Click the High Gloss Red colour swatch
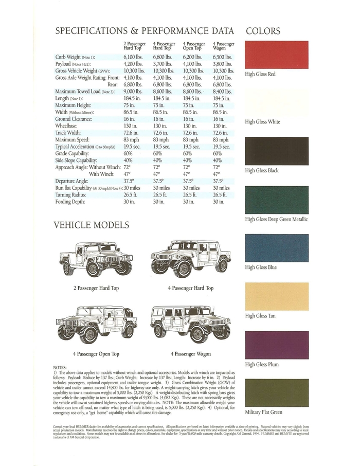click(x=277, y=55)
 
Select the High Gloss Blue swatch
click(x=277, y=248)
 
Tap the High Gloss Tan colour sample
click(x=277, y=296)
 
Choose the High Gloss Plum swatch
click(x=277, y=345)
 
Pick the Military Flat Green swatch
click(x=277, y=393)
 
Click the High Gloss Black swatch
click(x=277, y=151)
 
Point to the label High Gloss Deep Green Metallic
click(x=277, y=219)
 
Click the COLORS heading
click(x=263, y=31)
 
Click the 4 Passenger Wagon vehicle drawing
click(x=190, y=325)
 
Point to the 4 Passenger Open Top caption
click(x=96, y=354)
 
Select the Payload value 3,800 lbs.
click(x=223, y=64)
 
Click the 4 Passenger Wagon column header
click(x=224, y=46)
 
